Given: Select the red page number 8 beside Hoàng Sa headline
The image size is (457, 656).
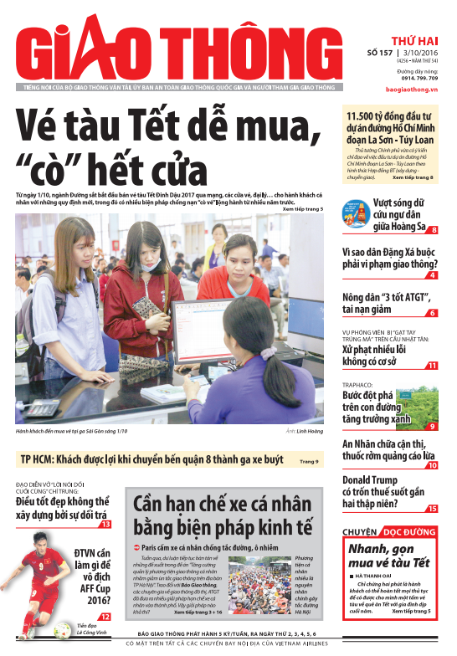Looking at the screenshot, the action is (434, 230).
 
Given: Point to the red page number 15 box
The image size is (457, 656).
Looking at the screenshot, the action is (432, 509).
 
